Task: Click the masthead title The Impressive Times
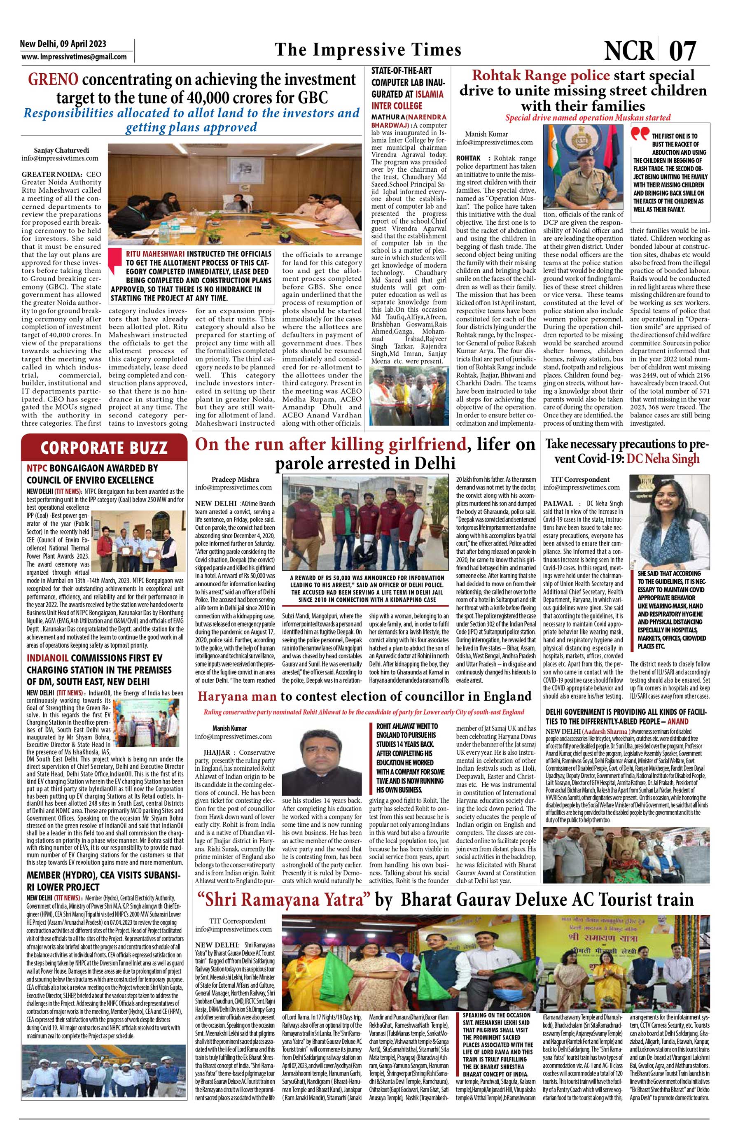pyautogui.click(x=368, y=50)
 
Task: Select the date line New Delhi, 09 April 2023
pyautogui.click(x=63, y=44)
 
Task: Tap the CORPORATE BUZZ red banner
pyautogui.click(x=103, y=447)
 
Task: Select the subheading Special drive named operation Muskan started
pyautogui.click(x=588, y=117)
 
